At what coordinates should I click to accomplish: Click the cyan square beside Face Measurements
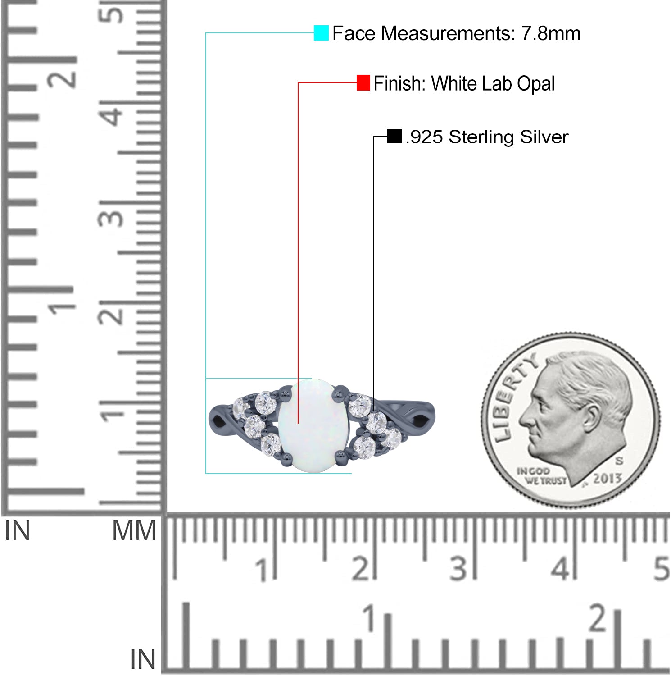pyautogui.click(x=321, y=33)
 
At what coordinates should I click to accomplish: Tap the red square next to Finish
pyautogui.click(x=363, y=82)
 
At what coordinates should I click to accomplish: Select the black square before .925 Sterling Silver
pyautogui.click(x=394, y=137)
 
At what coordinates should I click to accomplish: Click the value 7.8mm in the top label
pyautogui.click(x=551, y=33)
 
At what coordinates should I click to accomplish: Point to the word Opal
pyautogui.click(x=535, y=84)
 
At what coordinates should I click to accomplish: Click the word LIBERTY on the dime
pyautogui.click(x=513, y=396)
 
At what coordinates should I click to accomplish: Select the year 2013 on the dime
pyautogui.click(x=607, y=479)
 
